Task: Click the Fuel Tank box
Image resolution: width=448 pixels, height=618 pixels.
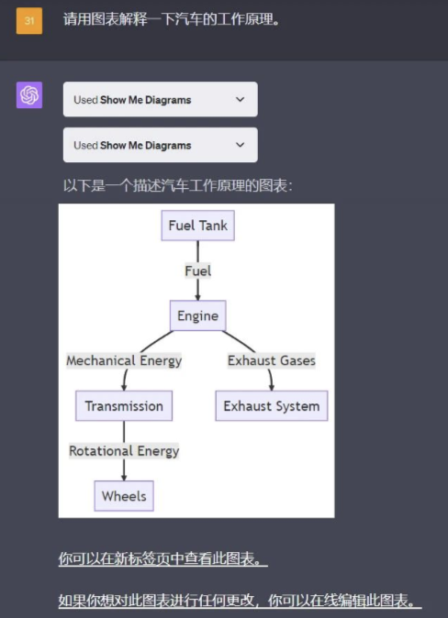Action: [197, 226]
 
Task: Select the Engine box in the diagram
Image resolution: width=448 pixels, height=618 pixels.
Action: [197, 315]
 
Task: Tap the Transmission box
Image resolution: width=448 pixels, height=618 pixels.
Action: [124, 405]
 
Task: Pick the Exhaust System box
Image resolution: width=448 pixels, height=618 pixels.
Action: [272, 405]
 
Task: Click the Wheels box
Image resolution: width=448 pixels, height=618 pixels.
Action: [124, 496]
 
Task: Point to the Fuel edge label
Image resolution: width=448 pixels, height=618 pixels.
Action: [197, 270]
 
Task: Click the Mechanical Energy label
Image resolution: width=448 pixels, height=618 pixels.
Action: [124, 360]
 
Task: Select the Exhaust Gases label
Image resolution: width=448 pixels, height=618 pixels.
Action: [272, 360]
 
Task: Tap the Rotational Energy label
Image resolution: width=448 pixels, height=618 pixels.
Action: [124, 451]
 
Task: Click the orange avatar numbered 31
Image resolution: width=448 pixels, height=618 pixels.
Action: [29, 20]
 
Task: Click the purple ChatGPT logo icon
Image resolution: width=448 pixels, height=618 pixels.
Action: [29, 95]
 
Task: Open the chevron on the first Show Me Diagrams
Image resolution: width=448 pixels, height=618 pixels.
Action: [240, 99]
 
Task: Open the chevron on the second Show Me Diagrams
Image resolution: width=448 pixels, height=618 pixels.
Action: [240, 145]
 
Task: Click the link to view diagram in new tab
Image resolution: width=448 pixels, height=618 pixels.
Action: [163, 559]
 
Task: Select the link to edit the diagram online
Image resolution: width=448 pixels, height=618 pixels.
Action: [240, 601]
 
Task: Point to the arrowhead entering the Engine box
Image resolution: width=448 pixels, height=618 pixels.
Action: [197, 297]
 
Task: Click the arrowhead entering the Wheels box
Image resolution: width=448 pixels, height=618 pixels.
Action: [124, 478]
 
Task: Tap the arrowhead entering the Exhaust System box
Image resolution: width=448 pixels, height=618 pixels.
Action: [271, 388]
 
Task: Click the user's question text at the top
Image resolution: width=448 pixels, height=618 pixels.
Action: [172, 19]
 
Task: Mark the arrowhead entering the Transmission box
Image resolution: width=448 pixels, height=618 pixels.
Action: [124, 388]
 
